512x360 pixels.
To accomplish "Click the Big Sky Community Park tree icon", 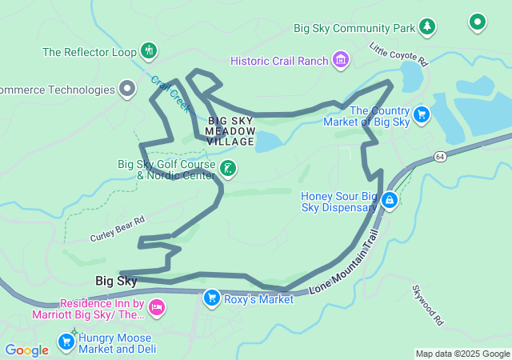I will click(428, 27).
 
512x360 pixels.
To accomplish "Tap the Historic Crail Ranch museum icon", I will click(342, 60).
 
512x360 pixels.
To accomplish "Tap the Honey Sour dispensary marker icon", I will click(389, 200).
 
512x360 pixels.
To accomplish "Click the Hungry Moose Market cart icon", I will click(66, 342).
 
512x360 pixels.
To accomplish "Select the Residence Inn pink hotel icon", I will click(157, 307).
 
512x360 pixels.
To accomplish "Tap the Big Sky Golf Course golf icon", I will click(229, 168).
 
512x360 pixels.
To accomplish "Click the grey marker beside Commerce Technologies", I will click(127, 89).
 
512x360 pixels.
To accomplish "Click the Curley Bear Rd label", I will click(117, 230).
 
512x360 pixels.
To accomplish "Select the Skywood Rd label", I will click(427, 305).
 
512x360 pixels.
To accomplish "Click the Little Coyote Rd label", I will click(399, 55).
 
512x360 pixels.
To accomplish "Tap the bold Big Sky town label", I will click(116, 281).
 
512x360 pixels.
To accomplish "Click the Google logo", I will click(26, 350).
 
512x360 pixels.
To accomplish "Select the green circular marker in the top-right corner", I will click(478, 22).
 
